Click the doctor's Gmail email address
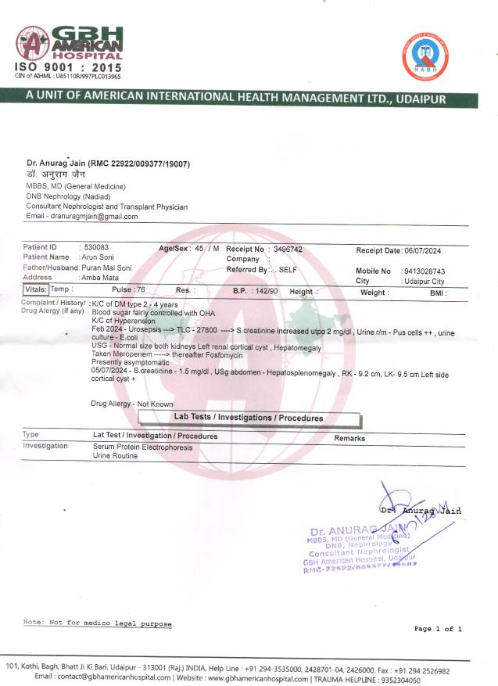pyautogui.click(x=93, y=216)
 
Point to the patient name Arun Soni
pyautogui.click(x=99, y=257)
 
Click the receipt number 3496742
pyautogui.click(x=288, y=249)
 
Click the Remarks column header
pyautogui.click(x=349, y=438)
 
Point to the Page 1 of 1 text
pyautogui.click(x=437, y=628)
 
